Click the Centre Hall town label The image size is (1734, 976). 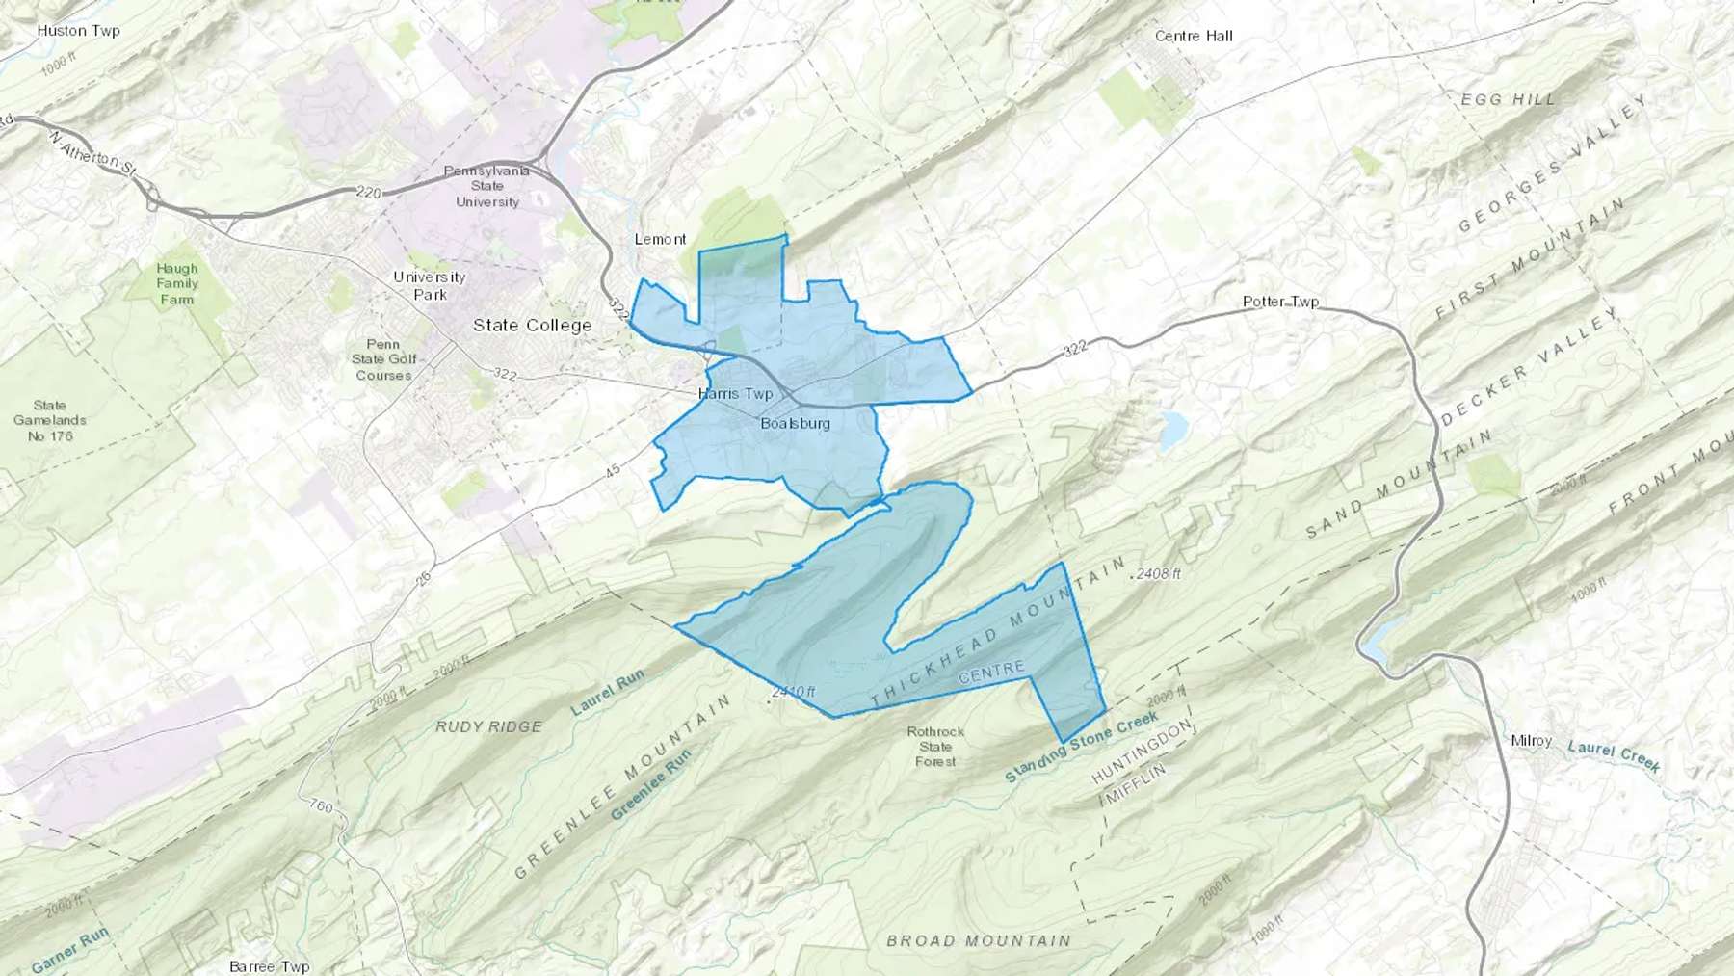pos(1194,37)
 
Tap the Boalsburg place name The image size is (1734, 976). pos(795,424)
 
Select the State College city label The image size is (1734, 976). pos(532,326)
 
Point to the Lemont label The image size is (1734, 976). pos(660,240)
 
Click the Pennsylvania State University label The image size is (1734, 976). pos(486,186)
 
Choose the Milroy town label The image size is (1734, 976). pos(1531,741)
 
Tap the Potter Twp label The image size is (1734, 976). pos(1280,302)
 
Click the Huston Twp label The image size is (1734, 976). pos(78,31)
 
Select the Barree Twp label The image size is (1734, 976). pos(269,966)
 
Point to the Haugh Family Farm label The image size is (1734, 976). pos(177,284)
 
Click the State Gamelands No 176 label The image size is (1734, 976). pos(50,421)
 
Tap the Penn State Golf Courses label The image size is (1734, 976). pos(383,359)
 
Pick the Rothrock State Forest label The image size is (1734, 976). pos(935,747)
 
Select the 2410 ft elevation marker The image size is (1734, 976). pos(793,692)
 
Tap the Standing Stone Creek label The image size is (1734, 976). pos(1081,748)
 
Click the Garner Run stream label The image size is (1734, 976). pos(70,950)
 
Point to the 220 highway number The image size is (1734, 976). pos(368,193)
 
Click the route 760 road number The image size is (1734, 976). pos(321,806)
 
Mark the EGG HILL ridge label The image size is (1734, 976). pos(1508,99)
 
